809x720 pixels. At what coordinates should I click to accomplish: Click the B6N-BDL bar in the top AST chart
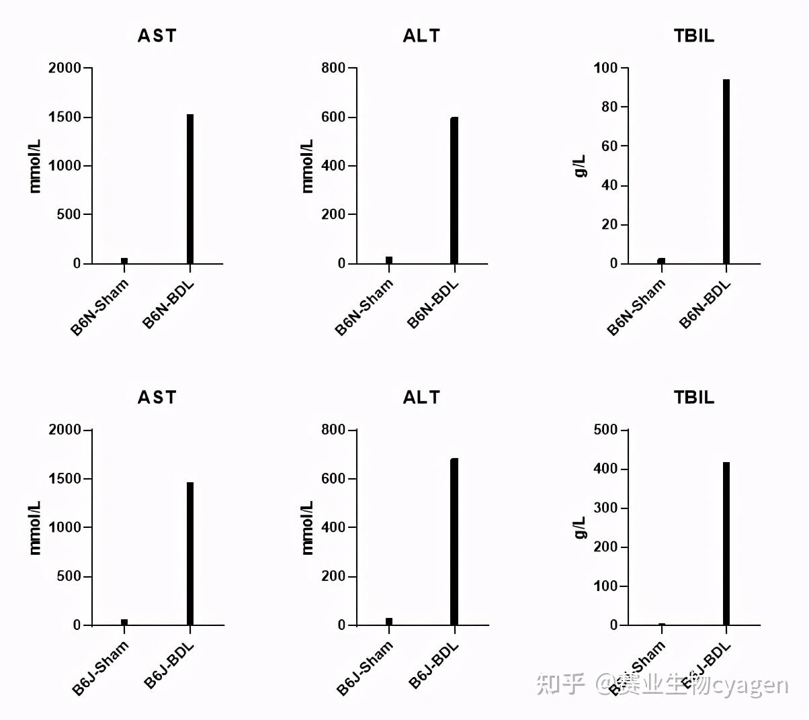click(x=190, y=189)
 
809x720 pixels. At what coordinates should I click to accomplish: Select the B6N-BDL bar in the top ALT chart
click(x=454, y=191)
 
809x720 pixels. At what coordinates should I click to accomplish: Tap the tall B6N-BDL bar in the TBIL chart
click(x=726, y=171)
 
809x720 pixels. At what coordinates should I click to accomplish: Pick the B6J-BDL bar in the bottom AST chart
click(x=190, y=553)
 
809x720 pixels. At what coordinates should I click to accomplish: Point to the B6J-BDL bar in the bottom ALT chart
click(x=454, y=542)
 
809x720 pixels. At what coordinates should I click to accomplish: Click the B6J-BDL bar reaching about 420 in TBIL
click(x=726, y=543)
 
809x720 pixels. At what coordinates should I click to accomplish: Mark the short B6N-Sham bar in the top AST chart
click(x=124, y=261)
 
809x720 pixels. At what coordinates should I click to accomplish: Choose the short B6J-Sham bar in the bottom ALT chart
click(x=389, y=621)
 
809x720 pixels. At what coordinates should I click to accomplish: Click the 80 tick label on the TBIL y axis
click(x=609, y=107)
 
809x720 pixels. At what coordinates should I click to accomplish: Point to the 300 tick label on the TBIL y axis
click(x=605, y=508)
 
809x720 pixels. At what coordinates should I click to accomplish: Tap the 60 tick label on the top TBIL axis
click(x=609, y=146)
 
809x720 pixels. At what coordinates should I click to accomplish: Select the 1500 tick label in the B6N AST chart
click(x=64, y=117)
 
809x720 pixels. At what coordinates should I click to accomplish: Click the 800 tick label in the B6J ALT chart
click(x=333, y=430)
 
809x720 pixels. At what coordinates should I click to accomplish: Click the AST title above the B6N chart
click(x=157, y=36)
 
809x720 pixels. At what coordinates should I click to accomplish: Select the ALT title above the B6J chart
click(x=421, y=398)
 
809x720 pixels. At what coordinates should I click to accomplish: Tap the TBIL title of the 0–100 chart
click(x=693, y=36)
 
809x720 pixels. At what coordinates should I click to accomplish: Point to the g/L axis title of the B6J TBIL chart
click(x=580, y=527)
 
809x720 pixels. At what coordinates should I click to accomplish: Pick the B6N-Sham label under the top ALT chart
click(x=365, y=307)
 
